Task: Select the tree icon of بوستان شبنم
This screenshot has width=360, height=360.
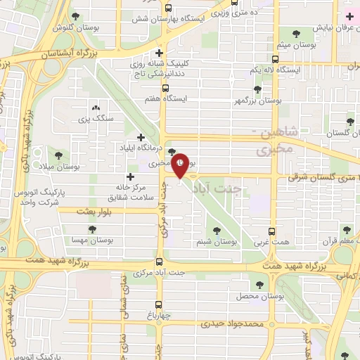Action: coord(214,229)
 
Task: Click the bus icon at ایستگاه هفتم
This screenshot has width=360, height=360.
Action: coord(165,89)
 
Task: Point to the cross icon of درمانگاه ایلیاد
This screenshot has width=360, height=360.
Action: coord(141,137)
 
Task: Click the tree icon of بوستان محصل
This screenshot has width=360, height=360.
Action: coord(260,284)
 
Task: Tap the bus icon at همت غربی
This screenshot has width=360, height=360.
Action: coord(273,231)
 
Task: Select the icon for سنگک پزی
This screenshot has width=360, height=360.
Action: coord(96,108)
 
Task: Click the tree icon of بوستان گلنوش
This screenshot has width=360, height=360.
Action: coord(75,17)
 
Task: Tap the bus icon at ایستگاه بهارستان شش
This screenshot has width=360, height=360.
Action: coord(167,9)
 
